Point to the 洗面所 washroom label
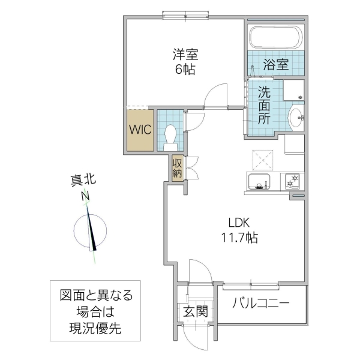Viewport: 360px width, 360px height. [265, 106]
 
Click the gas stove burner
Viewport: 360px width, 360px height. [293, 179]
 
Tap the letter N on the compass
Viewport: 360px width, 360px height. [86, 196]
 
